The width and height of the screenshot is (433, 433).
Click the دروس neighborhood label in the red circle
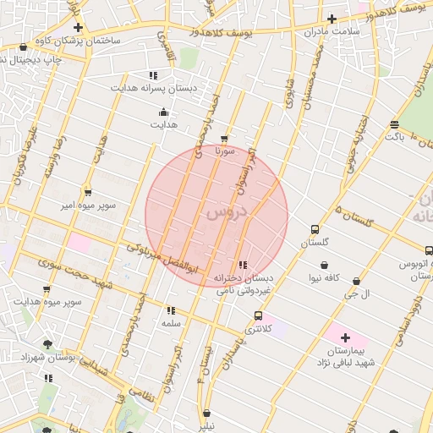coord(224,214)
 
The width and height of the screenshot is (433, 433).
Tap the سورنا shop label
coord(224,151)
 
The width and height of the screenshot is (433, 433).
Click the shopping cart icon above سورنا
coord(224,139)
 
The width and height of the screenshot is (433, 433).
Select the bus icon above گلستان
coord(315,229)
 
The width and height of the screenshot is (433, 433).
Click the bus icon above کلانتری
coord(258,316)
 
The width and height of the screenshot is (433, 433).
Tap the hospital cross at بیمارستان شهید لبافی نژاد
coord(345,337)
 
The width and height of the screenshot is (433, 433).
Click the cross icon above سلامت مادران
coord(332,19)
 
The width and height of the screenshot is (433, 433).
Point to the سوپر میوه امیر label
coord(86,206)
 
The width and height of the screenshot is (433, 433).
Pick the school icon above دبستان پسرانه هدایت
coord(153,75)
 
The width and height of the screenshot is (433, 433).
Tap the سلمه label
coord(171,323)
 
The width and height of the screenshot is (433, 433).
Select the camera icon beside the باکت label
coord(394,124)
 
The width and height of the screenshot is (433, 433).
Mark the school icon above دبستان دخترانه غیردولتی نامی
coord(243,266)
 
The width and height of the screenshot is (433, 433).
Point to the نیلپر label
coord(207,425)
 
